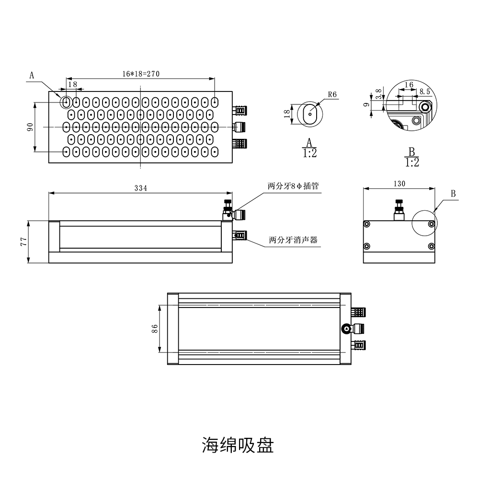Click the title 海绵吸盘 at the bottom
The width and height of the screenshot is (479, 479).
pos(238,445)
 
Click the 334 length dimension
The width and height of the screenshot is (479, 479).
pos(141,188)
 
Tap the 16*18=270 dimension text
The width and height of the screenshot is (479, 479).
pos(141,74)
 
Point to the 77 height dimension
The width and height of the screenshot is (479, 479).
pos(24,241)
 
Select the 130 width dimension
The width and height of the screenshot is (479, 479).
pos(399,183)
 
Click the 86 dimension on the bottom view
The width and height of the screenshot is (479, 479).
pos(155,329)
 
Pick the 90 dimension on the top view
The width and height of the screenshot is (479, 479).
pos(30,127)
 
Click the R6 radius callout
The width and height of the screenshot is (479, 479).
pos(332,94)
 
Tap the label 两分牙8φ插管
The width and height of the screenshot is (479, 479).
pos(293,186)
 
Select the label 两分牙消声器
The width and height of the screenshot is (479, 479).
pos(293,240)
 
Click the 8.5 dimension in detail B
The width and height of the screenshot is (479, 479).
pos(424,91)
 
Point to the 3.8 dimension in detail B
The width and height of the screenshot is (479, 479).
pos(378,94)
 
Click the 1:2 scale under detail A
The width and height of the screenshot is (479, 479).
pos(309,153)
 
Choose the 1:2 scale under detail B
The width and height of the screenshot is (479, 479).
pos(412,162)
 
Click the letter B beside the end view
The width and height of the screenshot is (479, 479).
pos(453,194)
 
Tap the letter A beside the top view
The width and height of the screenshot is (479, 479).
pos(32,75)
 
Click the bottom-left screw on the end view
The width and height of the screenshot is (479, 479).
pos(367,246)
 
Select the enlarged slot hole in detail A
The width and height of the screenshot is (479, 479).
pos(310,114)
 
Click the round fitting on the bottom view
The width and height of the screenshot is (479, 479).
pos(346,329)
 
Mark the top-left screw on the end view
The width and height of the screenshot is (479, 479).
pos(367,224)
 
